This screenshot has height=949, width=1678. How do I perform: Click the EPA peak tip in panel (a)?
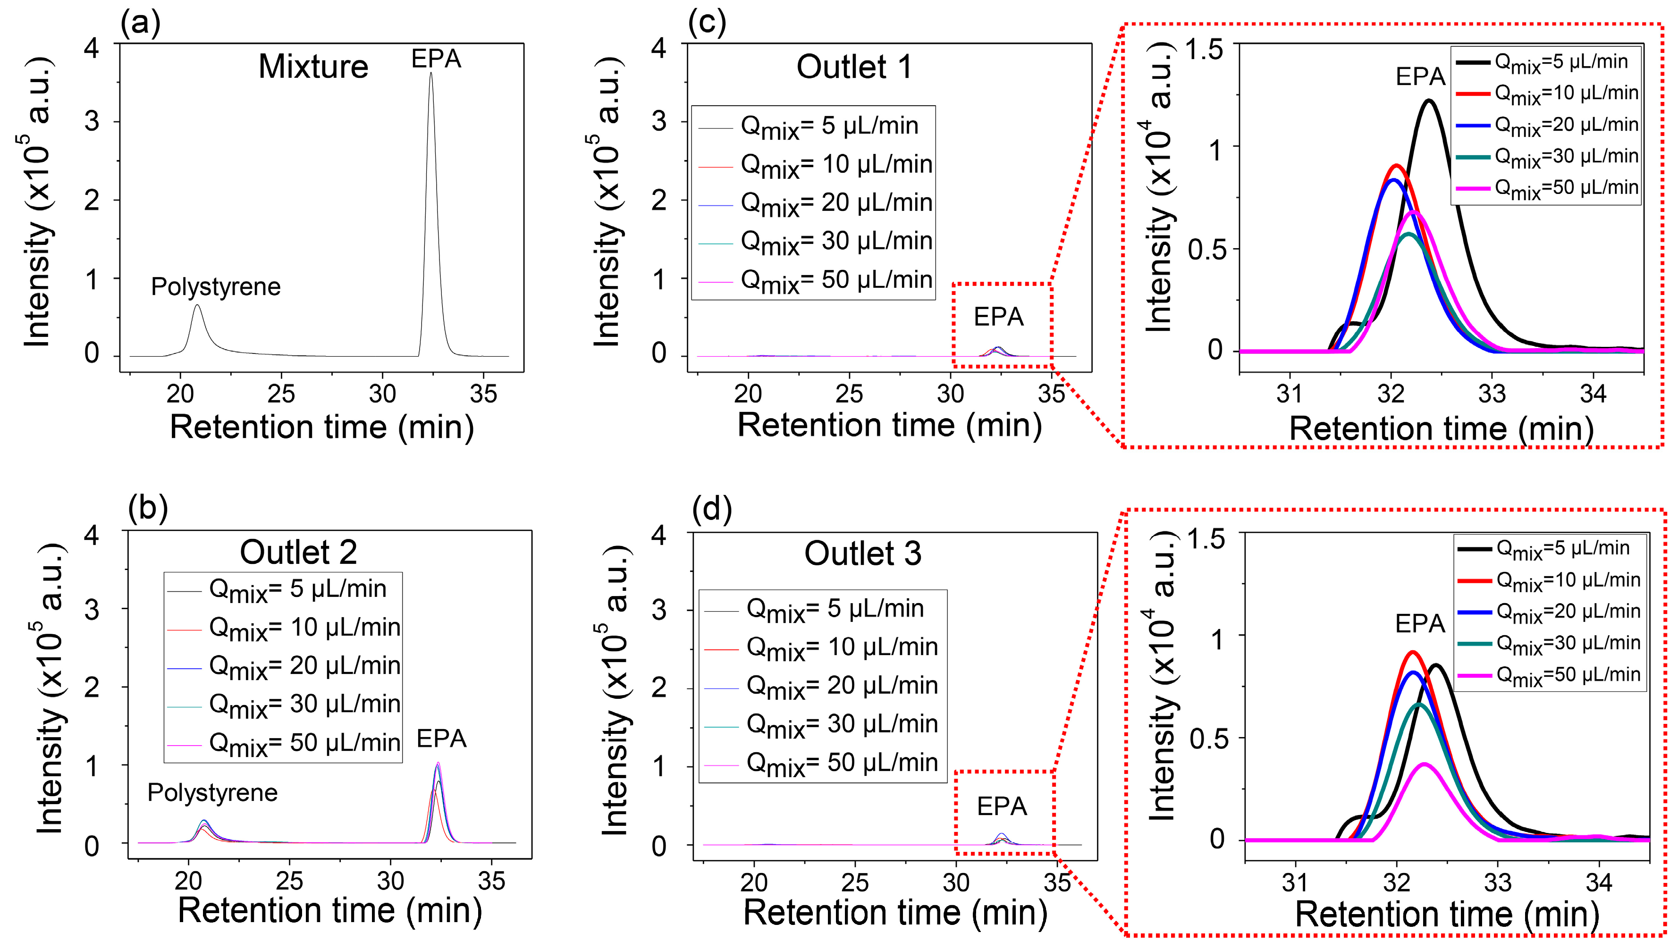point(430,73)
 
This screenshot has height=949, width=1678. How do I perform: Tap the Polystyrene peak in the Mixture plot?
point(197,306)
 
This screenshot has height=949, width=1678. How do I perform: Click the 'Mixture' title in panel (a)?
point(313,67)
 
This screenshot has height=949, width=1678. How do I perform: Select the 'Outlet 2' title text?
point(299,552)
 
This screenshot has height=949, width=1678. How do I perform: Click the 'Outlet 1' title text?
point(854,67)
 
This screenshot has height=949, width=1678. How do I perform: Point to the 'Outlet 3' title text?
point(862,554)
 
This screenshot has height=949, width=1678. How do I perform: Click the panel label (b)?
point(148,508)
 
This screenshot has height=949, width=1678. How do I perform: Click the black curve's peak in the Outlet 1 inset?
point(1429,101)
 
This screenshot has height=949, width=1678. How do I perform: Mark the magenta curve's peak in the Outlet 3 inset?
point(1425,764)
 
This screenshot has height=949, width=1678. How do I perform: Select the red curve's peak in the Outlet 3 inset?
point(1412,652)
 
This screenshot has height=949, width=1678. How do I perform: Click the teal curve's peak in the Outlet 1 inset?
point(1409,234)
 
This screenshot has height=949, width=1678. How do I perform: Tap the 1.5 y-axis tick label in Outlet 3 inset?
point(1206,538)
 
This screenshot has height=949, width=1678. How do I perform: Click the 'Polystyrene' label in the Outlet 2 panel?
point(212,793)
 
